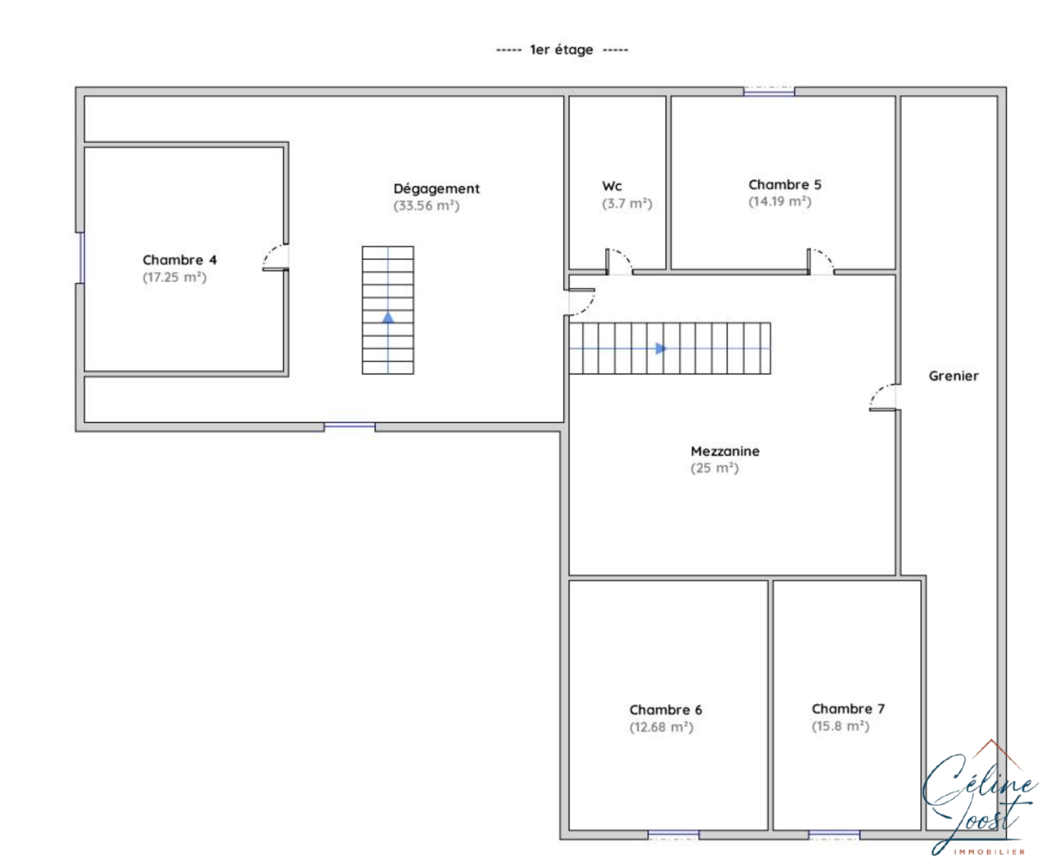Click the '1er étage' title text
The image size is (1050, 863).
(x=561, y=50)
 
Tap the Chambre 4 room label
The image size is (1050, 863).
(x=179, y=260)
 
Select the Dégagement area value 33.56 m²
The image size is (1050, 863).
(x=426, y=205)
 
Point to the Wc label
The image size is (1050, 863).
(x=612, y=186)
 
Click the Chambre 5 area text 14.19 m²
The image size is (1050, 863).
(x=780, y=201)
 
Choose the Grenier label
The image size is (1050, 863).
(x=954, y=376)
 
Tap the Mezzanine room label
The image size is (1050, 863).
(x=725, y=451)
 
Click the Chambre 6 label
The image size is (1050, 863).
(x=665, y=710)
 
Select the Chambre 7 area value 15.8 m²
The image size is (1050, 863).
(x=841, y=726)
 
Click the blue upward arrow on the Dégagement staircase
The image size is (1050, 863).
(x=388, y=317)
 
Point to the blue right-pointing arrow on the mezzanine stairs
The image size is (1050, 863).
(x=661, y=348)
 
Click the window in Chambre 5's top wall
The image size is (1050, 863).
(x=768, y=91)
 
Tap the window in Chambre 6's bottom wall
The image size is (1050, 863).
(x=673, y=834)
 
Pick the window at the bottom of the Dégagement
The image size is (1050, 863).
(x=350, y=427)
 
